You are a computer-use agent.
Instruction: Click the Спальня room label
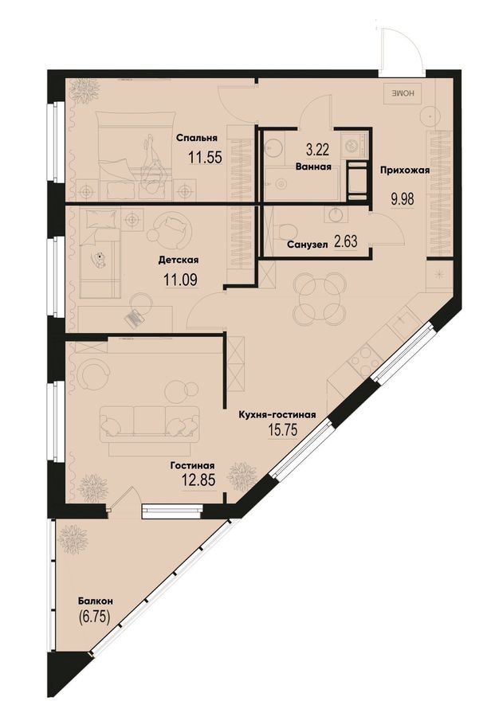pos(197,138)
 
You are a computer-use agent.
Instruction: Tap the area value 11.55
pos(205,158)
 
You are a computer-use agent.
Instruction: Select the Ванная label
pos(313,166)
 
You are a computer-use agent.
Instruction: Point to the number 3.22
pos(316,149)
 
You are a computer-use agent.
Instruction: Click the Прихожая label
pos(405,170)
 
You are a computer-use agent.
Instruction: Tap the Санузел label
pos(308,245)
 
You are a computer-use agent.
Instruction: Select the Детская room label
pos(179,260)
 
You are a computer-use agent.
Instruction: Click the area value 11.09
pos(181,280)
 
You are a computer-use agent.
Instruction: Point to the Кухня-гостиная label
pos(277,415)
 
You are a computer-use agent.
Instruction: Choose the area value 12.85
pos(198,480)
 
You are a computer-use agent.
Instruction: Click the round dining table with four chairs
pos(322,299)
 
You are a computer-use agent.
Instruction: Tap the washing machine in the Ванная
pos(354,143)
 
